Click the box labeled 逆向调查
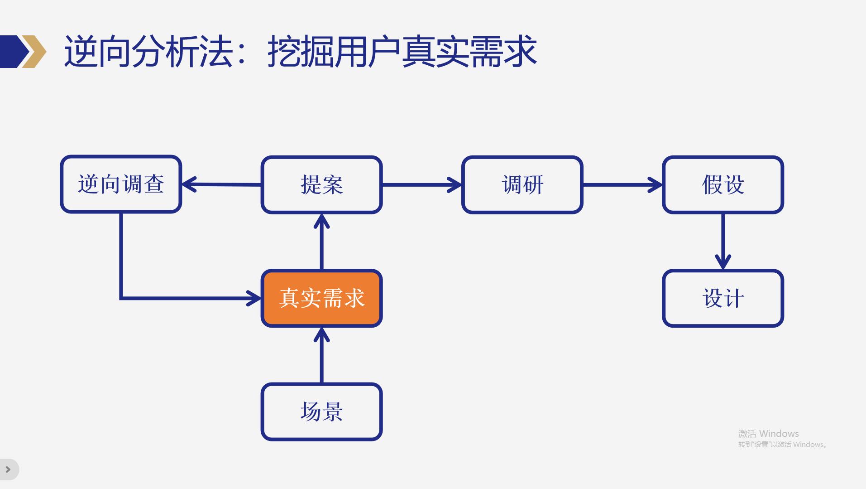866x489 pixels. point(121,184)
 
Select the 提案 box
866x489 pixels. point(321,184)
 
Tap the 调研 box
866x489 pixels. point(522,184)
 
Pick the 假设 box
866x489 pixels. point(722,184)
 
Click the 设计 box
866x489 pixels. point(722,298)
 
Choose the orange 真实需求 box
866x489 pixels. point(321,298)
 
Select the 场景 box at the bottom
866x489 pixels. point(321,412)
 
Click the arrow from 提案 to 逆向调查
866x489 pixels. point(221,184)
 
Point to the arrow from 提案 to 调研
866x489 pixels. point(421,184)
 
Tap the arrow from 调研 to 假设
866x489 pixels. point(622,184)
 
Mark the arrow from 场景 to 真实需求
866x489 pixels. point(321,355)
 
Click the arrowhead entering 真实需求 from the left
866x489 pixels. point(254,298)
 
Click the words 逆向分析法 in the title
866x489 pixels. point(148,51)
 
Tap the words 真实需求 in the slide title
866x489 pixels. point(469,51)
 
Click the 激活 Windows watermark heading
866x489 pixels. point(768,434)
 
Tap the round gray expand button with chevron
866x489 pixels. point(8,470)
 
